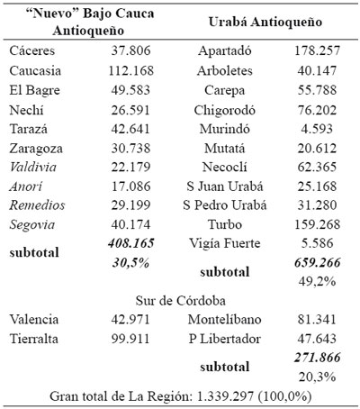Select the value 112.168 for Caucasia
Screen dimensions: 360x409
coord(129,70)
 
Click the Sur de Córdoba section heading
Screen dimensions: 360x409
coord(181,299)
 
